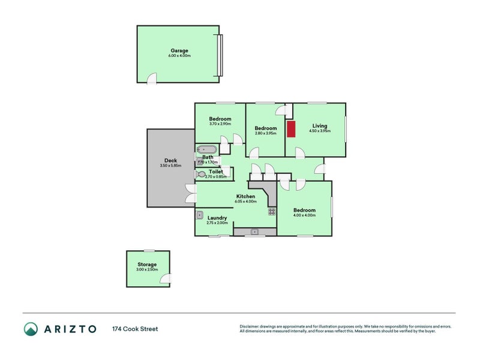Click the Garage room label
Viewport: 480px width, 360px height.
179,50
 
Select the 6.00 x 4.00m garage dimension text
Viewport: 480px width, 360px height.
179,56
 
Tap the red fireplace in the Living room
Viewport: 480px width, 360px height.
291,129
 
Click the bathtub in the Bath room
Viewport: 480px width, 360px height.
207,149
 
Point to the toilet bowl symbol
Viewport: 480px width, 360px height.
200,174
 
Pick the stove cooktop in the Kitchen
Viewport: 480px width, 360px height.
271,211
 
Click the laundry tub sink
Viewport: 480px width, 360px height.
200,215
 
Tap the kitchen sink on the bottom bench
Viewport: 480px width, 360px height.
254,231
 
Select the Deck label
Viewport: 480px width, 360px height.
170,160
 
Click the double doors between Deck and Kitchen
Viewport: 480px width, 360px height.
191,193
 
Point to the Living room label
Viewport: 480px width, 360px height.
319,125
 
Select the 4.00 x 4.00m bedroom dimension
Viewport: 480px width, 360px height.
304,215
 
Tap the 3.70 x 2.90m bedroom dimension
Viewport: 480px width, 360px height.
220,124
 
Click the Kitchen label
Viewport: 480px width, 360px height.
245,196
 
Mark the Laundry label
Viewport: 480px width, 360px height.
216,218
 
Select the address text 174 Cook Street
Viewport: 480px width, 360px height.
134,329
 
